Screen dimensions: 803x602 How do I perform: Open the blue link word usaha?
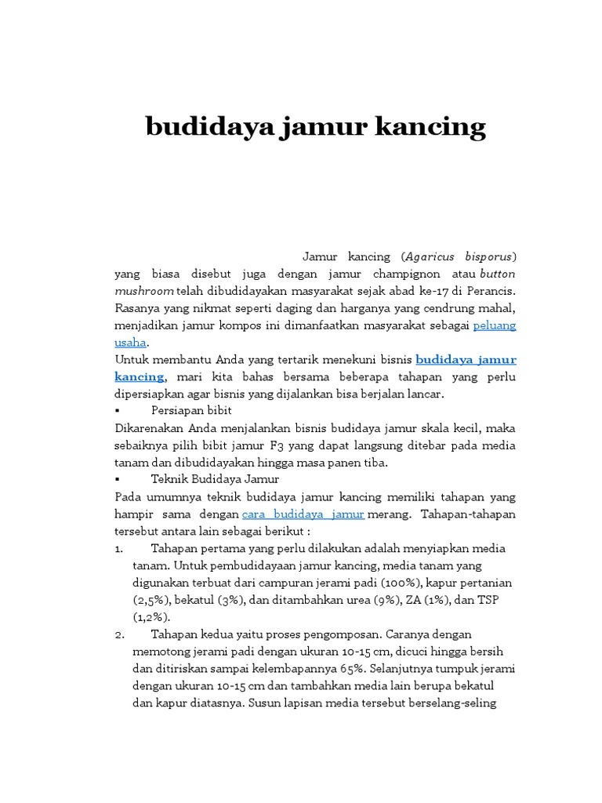pos(130,342)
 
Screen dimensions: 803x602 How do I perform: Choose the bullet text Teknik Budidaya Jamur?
pos(214,478)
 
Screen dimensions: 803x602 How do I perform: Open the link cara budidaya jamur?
pos(303,514)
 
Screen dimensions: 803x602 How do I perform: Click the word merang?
pos(388,514)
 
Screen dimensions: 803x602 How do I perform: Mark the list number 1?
pos(118,548)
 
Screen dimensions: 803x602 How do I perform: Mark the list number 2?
pos(118,634)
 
